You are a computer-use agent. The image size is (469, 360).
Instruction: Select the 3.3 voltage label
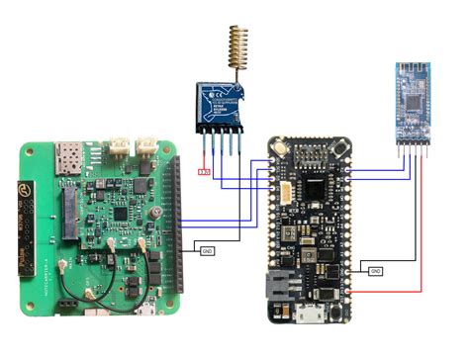(204, 172)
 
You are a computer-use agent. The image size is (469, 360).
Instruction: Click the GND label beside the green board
(206, 250)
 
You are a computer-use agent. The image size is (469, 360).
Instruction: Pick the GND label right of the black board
(375, 270)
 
